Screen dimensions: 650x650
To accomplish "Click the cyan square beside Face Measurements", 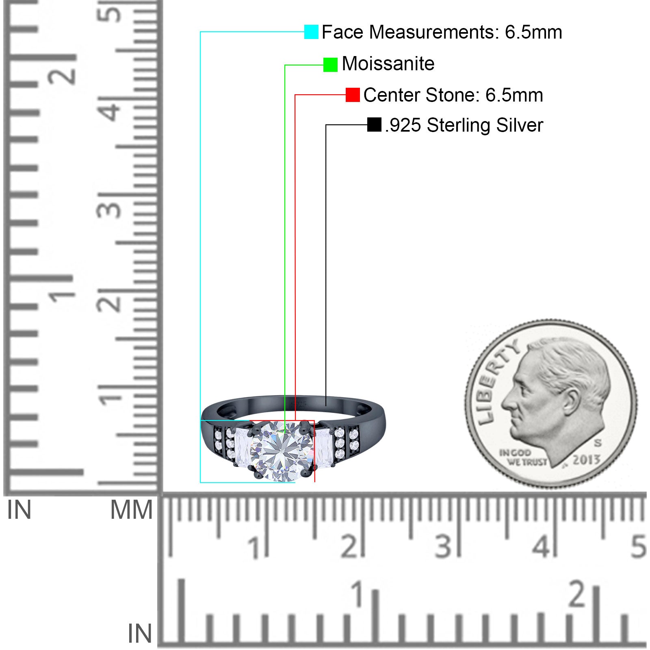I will (311, 32).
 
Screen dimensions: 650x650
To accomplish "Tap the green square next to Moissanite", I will (330, 65).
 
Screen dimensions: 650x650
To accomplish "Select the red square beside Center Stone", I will (353, 95).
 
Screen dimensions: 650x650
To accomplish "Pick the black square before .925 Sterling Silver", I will (374, 125).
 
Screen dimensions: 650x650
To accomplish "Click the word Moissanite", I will (388, 64).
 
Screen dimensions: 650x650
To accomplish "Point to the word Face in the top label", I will (342, 32).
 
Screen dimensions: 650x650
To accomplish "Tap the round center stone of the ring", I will (282, 451).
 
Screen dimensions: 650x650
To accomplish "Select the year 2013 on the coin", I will (586, 460).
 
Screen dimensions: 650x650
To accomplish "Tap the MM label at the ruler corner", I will (131, 510).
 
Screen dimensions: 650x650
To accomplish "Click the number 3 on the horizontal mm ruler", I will (443, 546).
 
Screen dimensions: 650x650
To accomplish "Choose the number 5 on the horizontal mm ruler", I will (638, 546).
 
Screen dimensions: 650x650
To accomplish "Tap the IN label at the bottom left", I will (139, 634).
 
